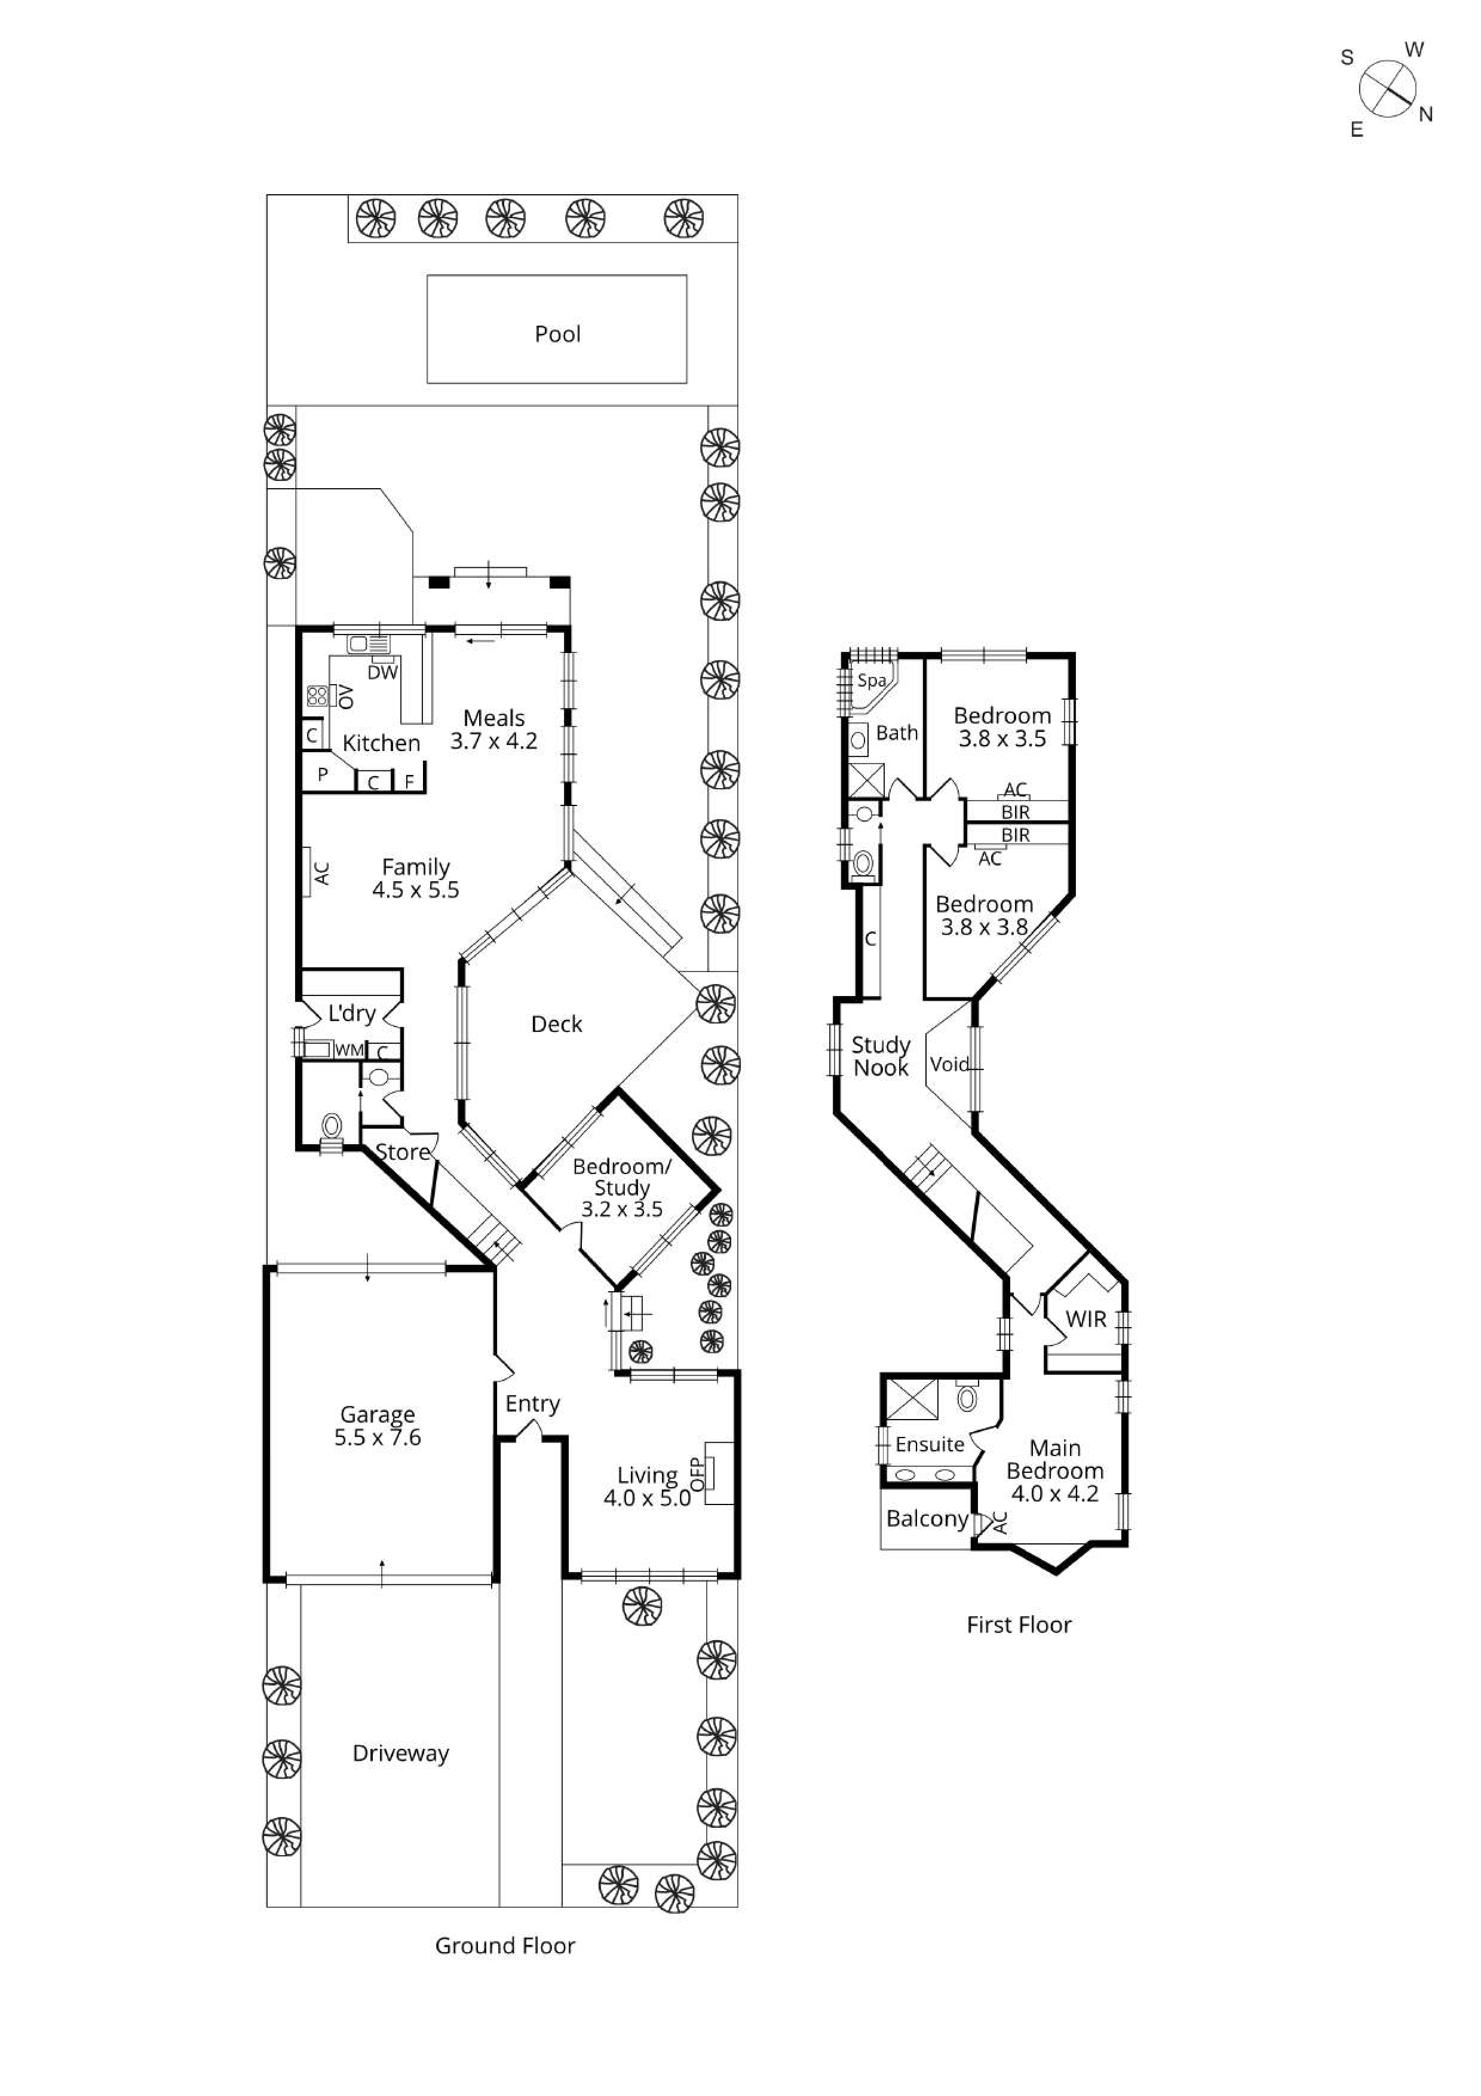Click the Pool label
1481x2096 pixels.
point(557,334)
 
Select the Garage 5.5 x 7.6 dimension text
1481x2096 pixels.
point(377,1437)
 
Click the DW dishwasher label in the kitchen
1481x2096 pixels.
point(382,673)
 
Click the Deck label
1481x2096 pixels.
point(556,1024)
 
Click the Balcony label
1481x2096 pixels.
point(926,1518)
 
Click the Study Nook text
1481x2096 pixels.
point(881,1056)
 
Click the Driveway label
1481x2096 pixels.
point(401,1754)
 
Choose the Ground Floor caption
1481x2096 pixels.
point(505,1946)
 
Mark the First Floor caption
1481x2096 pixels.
point(1019,1625)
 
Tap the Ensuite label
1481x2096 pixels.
point(929,1444)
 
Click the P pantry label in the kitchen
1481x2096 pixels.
point(322,775)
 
